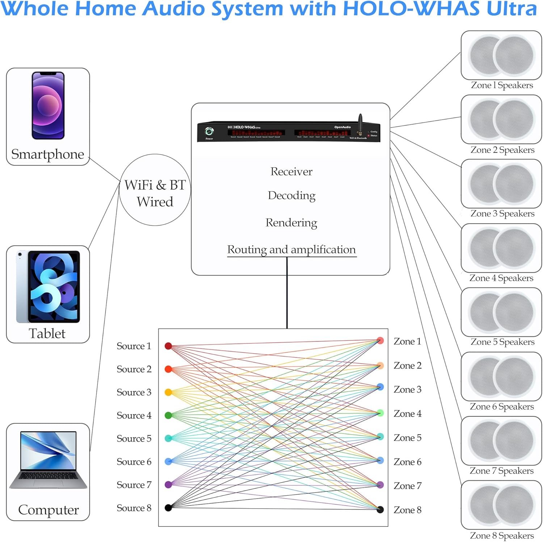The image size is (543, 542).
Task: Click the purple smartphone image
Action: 48,105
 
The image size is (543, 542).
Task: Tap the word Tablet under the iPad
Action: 47,334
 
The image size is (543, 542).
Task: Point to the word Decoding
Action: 291,195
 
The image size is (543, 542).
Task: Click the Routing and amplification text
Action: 291,250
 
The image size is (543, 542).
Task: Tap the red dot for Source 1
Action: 168,346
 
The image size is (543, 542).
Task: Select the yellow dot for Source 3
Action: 168,392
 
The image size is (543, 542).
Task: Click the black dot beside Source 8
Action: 168,508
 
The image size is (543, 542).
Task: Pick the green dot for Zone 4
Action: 380,413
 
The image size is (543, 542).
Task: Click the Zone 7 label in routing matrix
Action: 407,486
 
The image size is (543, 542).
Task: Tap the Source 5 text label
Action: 134,439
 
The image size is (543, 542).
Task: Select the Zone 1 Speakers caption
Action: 502,85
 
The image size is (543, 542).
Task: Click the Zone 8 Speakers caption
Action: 502,535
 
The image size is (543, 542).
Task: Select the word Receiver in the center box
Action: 291,172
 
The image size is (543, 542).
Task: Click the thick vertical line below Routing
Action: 287,293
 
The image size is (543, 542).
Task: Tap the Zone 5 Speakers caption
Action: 502,342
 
